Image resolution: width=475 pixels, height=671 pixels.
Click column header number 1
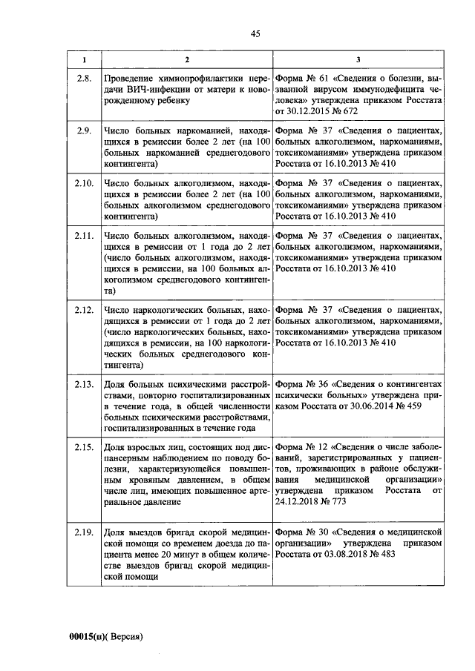coord(84,59)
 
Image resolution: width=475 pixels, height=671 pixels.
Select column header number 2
coord(186,59)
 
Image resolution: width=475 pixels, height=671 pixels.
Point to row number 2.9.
coord(84,130)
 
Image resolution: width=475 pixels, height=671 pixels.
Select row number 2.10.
coord(84,182)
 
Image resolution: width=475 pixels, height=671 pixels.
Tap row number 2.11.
coord(84,235)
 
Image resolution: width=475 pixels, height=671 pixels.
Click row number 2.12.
coord(84,309)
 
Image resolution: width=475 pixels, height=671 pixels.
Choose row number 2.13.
coord(84,384)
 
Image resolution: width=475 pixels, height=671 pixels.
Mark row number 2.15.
coord(84,447)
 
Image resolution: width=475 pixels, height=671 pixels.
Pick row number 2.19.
coord(84,532)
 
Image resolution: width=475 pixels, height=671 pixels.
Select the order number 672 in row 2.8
coord(349,110)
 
